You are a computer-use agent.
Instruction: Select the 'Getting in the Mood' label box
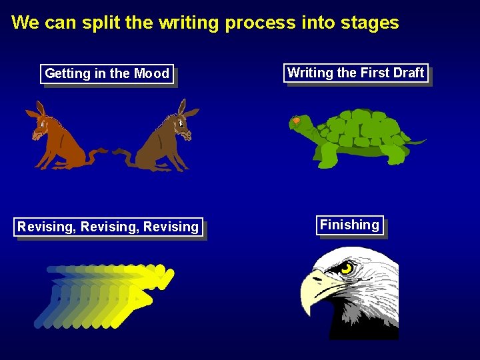107,73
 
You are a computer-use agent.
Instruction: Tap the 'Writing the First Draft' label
355,73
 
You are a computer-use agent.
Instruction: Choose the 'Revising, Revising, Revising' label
108,227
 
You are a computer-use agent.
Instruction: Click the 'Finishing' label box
349,225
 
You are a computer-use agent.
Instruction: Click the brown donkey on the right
163,137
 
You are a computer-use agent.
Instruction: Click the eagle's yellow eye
346,269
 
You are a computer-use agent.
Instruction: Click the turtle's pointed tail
418,141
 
